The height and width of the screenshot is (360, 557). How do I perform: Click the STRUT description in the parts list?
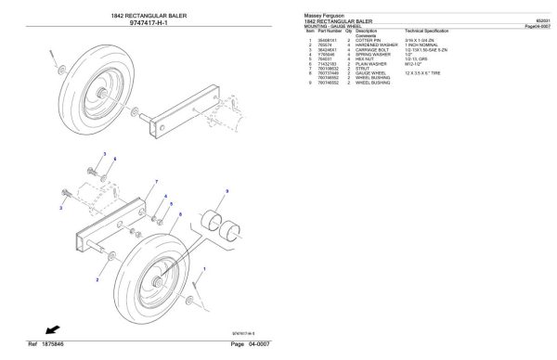coord(363,72)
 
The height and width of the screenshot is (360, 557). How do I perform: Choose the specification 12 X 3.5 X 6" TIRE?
coord(428,77)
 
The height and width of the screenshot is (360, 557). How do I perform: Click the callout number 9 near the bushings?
coord(223,190)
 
